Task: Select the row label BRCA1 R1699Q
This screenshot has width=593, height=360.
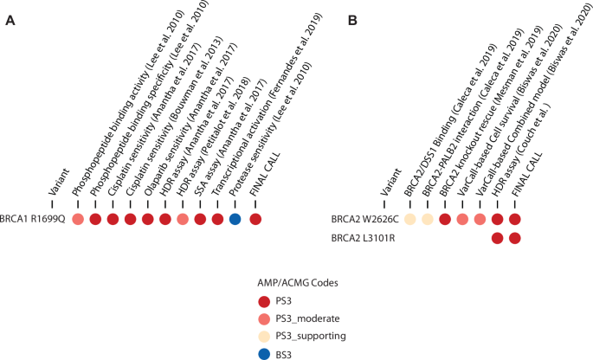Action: tap(32, 219)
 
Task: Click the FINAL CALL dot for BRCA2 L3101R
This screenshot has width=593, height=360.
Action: tap(516, 237)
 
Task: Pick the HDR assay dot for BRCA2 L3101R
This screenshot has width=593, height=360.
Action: tap(498, 237)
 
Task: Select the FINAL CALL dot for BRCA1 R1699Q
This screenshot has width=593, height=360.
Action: tap(255, 219)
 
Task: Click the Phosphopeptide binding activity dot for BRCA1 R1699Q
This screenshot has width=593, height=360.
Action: tap(78, 219)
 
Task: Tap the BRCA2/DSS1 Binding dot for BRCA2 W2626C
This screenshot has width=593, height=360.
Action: tap(410, 219)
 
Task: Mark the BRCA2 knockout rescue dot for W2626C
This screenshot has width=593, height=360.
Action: tap(445, 219)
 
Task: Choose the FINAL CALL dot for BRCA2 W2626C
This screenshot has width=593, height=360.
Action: tap(516, 219)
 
